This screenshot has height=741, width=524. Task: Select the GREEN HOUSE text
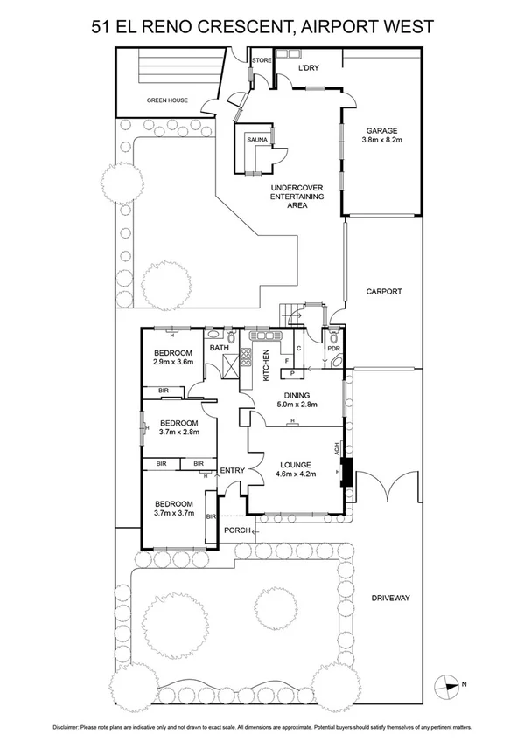pos(167,100)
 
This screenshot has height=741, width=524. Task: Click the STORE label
pos(262,60)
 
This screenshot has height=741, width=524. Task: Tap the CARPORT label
pos(383,292)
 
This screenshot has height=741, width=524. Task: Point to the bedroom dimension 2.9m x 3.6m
pos(171,362)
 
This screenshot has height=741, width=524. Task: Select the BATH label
pos(219,348)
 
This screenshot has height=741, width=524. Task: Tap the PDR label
pos(332,348)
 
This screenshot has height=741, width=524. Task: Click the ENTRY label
pos(232,470)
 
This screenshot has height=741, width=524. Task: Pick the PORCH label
pos(236,530)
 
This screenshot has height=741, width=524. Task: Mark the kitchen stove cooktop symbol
pos(247,358)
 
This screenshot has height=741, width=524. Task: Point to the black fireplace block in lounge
pos(346,473)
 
